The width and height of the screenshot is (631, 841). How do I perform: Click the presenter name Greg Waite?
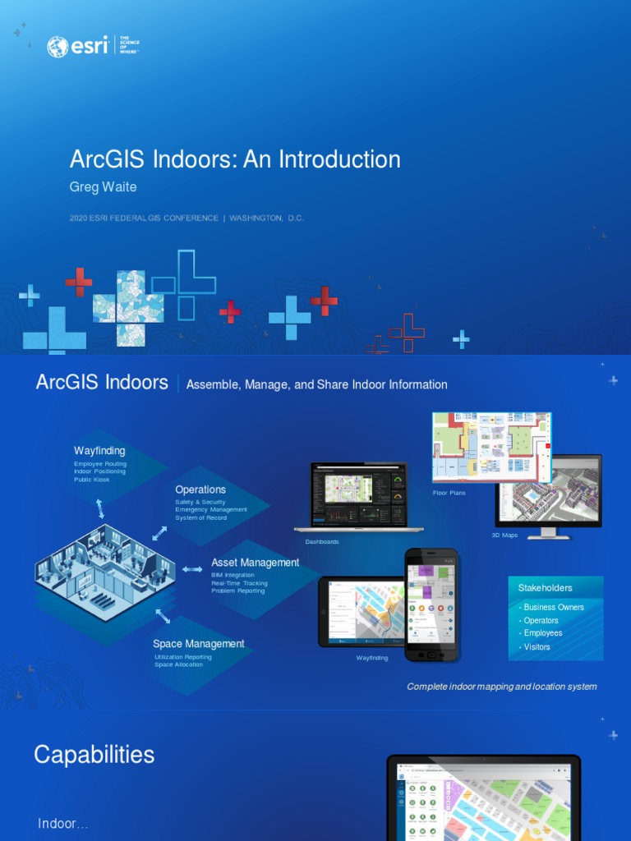click(103, 186)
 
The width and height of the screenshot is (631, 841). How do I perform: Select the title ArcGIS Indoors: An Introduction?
click(235, 159)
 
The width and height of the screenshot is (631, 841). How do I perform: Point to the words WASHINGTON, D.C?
click(266, 218)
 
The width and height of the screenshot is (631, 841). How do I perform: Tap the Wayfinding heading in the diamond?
click(99, 450)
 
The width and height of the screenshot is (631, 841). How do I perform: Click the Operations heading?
click(200, 489)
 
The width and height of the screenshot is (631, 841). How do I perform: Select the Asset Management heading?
click(255, 563)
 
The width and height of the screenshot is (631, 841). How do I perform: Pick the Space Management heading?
click(198, 644)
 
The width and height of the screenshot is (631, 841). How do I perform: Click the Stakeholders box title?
click(545, 588)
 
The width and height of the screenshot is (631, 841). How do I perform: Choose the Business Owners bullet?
click(554, 607)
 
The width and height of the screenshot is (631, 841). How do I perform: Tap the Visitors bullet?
click(537, 647)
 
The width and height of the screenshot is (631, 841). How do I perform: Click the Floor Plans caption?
click(449, 493)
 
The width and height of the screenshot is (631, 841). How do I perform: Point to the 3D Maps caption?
click(504, 535)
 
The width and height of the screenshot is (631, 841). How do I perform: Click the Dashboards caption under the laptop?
click(322, 542)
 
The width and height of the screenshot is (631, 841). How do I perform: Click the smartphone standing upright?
click(431, 604)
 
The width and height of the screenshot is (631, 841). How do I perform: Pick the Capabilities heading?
click(94, 755)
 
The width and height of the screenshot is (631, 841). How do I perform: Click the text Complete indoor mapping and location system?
click(502, 687)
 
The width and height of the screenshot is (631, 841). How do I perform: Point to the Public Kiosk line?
click(91, 480)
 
